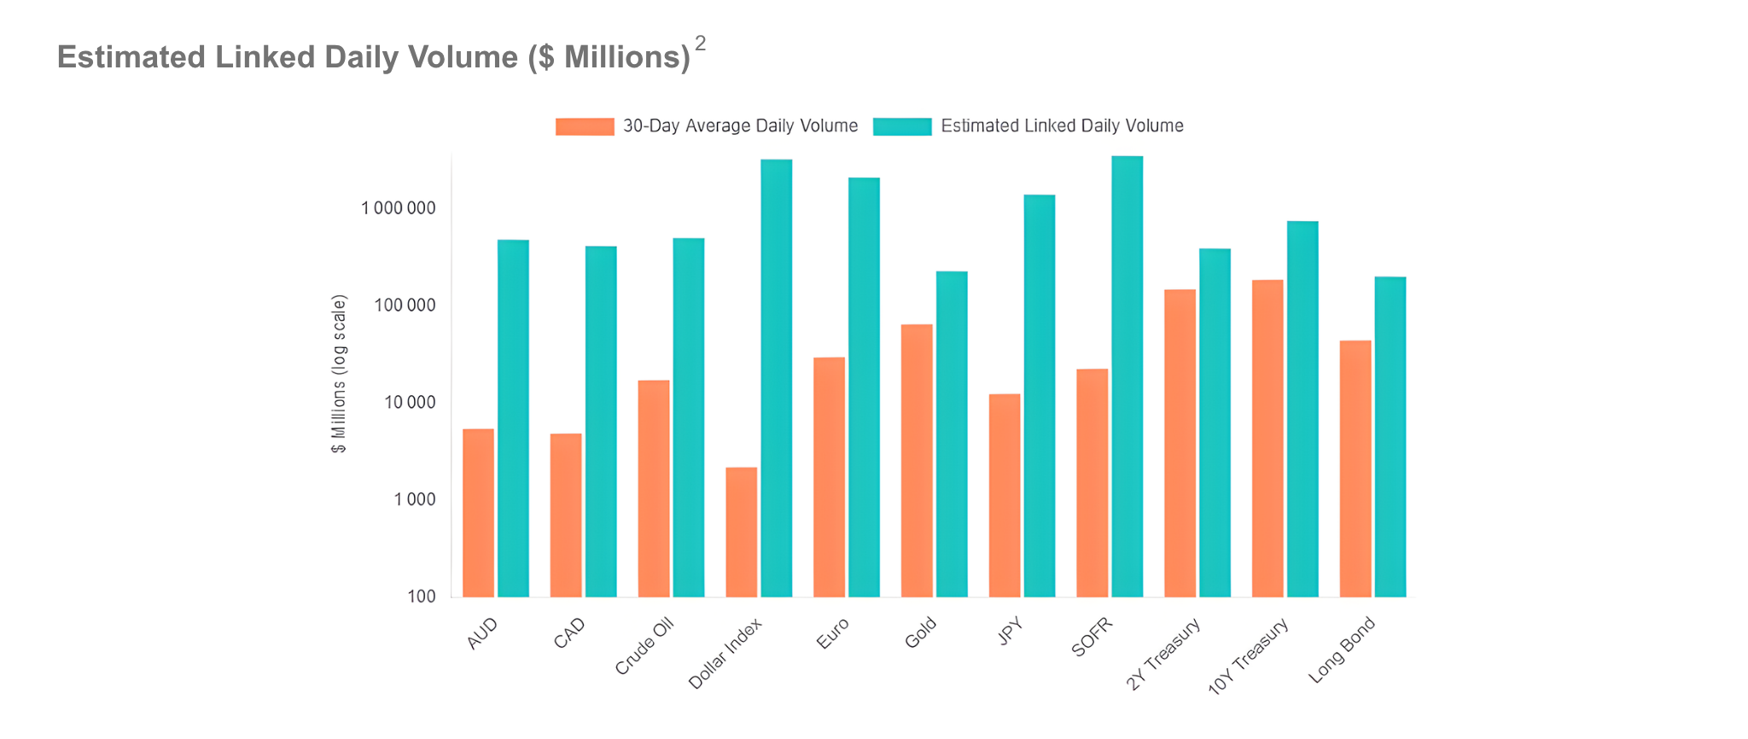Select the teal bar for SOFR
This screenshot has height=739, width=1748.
1127,376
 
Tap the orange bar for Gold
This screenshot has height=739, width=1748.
917,460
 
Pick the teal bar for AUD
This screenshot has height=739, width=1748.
513,418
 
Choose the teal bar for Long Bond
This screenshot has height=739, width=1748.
1390,436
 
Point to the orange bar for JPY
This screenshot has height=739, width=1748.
1005,495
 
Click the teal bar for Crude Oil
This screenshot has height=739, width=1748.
689,417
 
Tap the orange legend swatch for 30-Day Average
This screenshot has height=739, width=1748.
585,126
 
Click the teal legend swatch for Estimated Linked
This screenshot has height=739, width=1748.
902,126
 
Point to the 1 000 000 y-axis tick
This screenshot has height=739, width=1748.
398,208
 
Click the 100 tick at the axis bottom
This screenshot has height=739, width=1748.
422,596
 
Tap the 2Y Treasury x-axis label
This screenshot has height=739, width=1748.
1164,655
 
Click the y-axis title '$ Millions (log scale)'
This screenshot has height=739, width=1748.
340,374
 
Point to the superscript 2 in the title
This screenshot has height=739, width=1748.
701,43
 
